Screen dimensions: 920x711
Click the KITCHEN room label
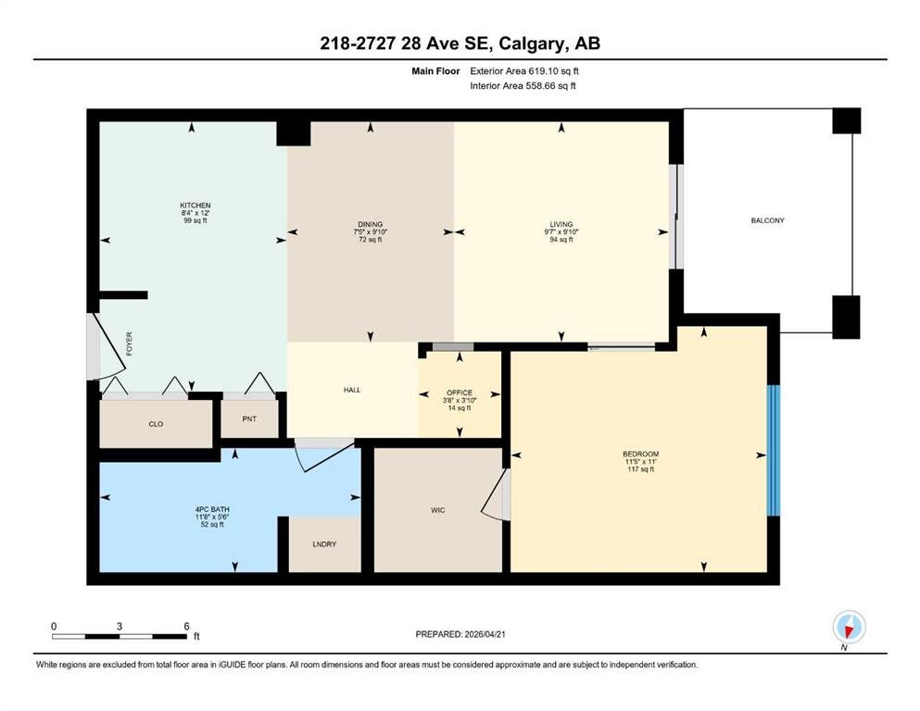pyautogui.click(x=195, y=206)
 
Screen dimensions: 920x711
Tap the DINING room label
pyautogui.click(x=371, y=224)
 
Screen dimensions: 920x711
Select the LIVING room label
pyautogui.click(x=561, y=224)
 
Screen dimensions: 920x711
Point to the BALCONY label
pyautogui.click(x=767, y=220)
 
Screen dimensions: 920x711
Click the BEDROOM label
pyautogui.click(x=641, y=454)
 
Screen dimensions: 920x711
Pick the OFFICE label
pyautogui.click(x=460, y=393)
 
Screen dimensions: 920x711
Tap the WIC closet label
pyautogui.click(x=437, y=510)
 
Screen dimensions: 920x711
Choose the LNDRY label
pyautogui.click(x=324, y=544)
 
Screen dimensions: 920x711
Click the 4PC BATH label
pyautogui.click(x=212, y=509)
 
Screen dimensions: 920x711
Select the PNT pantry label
pyautogui.click(x=249, y=418)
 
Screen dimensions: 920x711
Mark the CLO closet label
pyautogui.click(x=156, y=424)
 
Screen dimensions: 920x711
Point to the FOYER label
pyautogui.click(x=129, y=343)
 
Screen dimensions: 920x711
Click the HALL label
pyautogui.click(x=352, y=390)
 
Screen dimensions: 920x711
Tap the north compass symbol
pyautogui.click(x=849, y=627)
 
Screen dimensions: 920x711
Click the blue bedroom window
pyautogui.click(x=774, y=450)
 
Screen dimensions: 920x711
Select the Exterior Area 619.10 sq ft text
pyautogui.click(x=524, y=71)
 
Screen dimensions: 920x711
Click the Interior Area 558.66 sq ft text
pyautogui.click(x=523, y=85)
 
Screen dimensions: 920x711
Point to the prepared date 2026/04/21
pyautogui.click(x=485, y=634)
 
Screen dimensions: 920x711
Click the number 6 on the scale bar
pyautogui.click(x=186, y=626)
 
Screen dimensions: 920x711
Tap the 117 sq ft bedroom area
pyautogui.click(x=641, y=469)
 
